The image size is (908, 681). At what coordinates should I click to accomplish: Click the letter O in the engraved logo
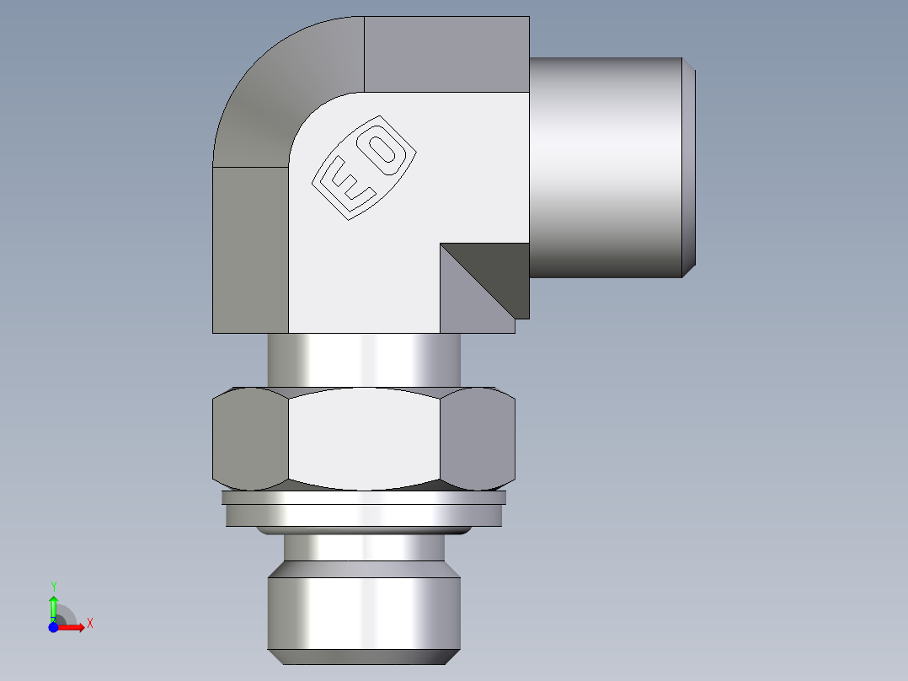[386, 149]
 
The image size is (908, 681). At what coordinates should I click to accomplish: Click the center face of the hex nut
[364, 438]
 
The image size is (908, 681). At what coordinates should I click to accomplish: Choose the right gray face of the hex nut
[478, 438]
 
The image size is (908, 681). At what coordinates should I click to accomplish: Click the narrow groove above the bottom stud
[364, 549]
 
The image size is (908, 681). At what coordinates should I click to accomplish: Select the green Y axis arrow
[53, 603]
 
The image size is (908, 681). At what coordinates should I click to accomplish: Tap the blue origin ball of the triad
[54, 627]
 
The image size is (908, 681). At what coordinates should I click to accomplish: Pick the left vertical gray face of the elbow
[250, 249]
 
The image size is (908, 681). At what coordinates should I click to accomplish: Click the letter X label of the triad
[90, 624]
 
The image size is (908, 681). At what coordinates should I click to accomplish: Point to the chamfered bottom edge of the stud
[364, 657]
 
